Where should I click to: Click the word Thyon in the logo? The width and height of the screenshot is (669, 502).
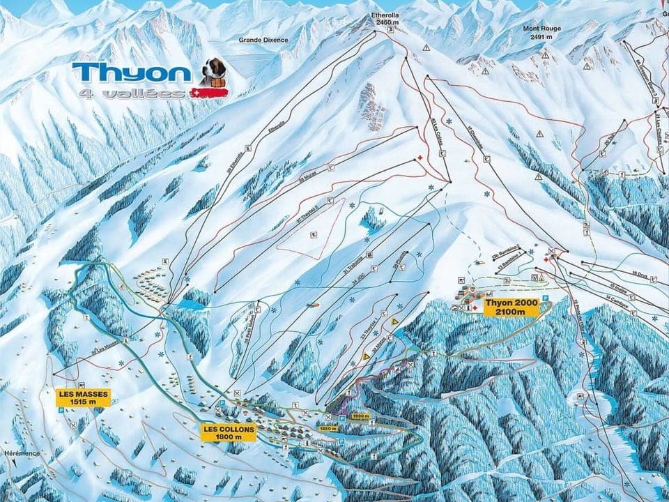pos(131,73)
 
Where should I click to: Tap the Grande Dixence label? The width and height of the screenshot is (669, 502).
pos(263,40)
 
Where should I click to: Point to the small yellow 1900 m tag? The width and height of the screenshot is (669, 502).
pos(360,416)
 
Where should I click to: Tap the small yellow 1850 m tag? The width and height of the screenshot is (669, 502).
pos(328,429)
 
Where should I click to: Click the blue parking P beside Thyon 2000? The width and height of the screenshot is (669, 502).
pos(546,298)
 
